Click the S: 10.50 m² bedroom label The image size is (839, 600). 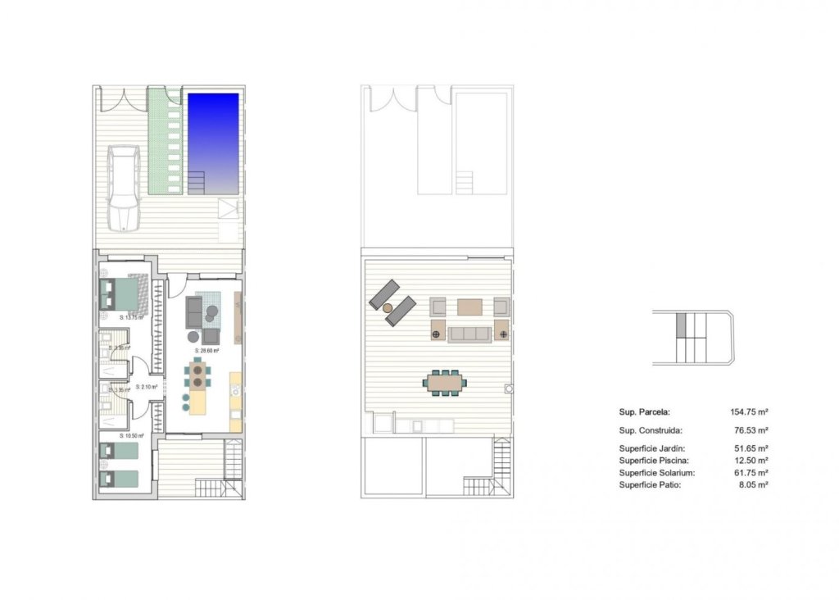tap(131, 436)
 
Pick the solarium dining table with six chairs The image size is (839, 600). tap(443, 382)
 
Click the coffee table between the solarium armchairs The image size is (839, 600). tap(470, 307)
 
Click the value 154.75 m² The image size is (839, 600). tap(748, 412)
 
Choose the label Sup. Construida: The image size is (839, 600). tap(651, 430)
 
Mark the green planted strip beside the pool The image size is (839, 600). tap(164, 141)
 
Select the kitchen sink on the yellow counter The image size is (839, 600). tap(235, 390)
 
